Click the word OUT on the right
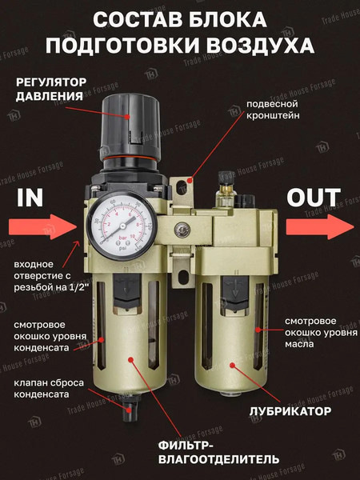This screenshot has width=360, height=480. [x=314, y=197]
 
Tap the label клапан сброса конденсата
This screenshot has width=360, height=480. [x=47, y=389]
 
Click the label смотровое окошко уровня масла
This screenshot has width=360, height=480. [x=314, y=332]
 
